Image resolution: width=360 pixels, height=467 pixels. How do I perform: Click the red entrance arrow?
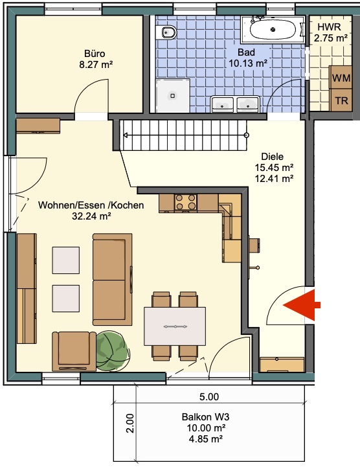point(300,305)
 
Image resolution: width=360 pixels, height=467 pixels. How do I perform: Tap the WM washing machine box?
point(341,78)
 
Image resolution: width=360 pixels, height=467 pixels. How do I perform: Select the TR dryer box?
point(341,100)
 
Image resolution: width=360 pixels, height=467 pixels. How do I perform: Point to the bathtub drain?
point(273,30)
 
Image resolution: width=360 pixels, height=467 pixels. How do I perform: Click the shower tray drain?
point(172,96)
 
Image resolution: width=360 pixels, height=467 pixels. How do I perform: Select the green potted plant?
point(113,352)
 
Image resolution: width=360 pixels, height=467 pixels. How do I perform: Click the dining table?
point(175,326)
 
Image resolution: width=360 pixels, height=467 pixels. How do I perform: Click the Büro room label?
point(95,54)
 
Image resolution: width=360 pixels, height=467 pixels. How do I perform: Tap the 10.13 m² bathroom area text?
point(248,63)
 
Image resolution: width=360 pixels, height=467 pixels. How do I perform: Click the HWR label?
point(329,27)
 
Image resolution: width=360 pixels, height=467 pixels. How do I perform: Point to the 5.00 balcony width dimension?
point(209,396)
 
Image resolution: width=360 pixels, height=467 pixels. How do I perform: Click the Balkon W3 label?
point(205,416)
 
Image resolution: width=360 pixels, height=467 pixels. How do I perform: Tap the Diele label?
point(273,156)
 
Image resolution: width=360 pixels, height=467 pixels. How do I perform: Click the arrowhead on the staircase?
point(126,135)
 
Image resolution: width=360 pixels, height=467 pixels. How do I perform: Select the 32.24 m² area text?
point(91,216)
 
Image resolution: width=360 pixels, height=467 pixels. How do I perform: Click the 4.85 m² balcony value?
point(206,439)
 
